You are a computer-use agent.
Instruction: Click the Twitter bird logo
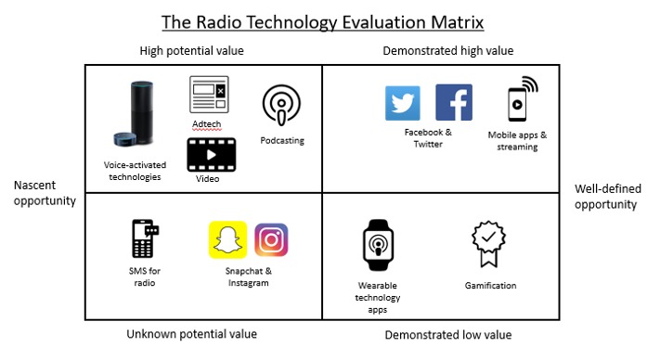pos(402,103)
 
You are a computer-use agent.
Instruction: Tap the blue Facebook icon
pos(454,102)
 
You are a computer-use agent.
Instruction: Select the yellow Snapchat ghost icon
pos(227,239)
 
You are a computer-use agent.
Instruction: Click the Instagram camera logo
pos(271,239)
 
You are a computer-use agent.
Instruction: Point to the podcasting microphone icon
pos(281,105)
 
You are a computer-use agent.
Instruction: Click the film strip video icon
pos(212,155)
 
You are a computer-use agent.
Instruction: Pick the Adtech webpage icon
pos(209,95)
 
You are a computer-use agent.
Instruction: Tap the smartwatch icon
pos(378,245)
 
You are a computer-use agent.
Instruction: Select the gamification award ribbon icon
pos(488,244)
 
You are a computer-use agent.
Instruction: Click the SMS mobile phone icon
pos(145,238)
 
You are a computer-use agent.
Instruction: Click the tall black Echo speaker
pos(142,111)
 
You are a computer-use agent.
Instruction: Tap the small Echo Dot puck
pos(124,139)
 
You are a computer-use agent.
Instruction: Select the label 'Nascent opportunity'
pos(45,193)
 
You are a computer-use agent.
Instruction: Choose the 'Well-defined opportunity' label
pos(608,197)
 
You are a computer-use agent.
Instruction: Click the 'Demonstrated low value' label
pos(448,335)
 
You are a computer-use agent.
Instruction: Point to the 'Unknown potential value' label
pos(191,334)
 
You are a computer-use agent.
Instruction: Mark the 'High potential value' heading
pos(191,51)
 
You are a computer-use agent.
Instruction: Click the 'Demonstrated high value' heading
pos(447,51)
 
